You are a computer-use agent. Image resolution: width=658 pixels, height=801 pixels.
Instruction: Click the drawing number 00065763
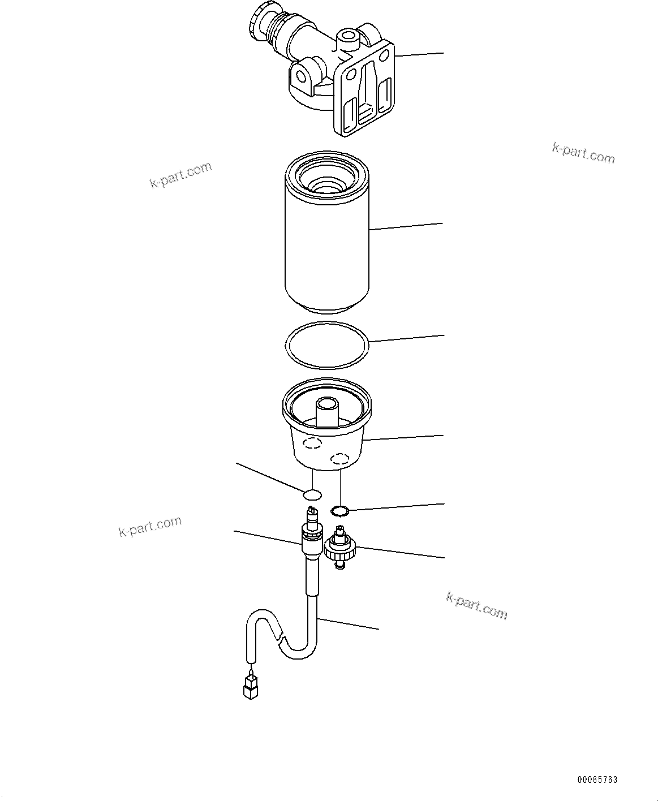[597, 780]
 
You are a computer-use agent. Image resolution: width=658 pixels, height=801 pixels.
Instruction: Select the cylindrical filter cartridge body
[326, 249]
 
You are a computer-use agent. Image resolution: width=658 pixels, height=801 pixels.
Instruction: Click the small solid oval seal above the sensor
[312, 495]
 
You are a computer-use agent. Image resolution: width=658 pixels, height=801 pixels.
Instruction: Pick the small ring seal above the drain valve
[339, 511]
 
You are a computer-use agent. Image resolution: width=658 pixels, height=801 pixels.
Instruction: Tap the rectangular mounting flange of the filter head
[365, 93]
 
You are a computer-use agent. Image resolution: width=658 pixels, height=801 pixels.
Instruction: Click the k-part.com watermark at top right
[583, 152]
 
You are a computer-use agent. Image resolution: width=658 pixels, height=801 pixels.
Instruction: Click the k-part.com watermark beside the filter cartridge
[180, 175]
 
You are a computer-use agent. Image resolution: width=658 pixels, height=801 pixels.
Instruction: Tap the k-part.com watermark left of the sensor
[150, 527]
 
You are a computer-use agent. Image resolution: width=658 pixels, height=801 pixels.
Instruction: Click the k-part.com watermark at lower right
[476, 605]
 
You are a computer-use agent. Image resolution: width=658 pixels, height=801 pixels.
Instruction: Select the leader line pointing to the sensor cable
[348, 623]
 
